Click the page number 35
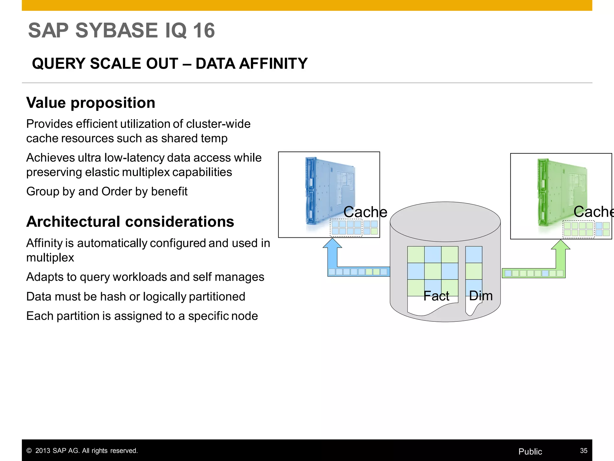pyautogui.click(x=583, y=450)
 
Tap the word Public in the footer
pyautogui.click(x=530, y=451)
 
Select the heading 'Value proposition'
pyautogui.click(x=91, y=103)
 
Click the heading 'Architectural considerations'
pyautogui.click(x=130, y=222)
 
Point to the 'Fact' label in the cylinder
pyautogui.click(x=436, y=296)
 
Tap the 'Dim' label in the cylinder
pyautogui.click(x=481, y=296)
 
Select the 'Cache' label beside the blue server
pyautogui.click(x=365, y=212)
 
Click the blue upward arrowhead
pyautogui.click(x=332, y=243)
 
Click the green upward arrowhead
pyautogui.click(x=561, y=245)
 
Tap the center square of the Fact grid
pyautogui.click(x=433, y=271)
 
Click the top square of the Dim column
pyautogui.click(x=474, y=255)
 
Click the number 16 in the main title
pyautogui.click(x=204, y=31)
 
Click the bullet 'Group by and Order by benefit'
pyautogui.click(x=107, y=191)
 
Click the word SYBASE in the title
pyautogui.click(x=116, y=31)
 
